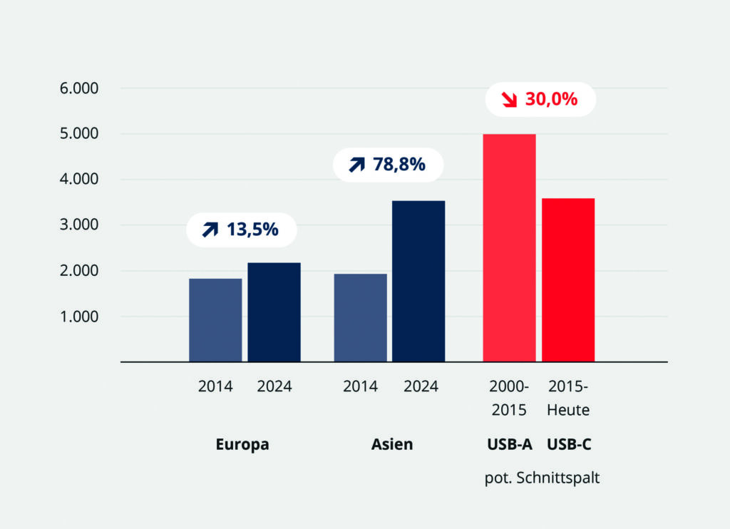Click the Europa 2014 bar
[x=215, y=319]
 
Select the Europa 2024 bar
[x=274, y=312]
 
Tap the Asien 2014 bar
[x=360, y=317]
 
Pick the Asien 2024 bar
[x=418, y=281]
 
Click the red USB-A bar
[x=509, y=247]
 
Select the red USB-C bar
[x=568, y=279]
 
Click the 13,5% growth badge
[x=241, y=230]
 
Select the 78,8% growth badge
[x=388, y=165]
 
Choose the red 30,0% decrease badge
[x=540, y=99]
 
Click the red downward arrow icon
[x=509, y=100]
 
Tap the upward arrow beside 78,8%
[x=356, y=165]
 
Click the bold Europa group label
[x=242, y=444]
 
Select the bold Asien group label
[x=391, y=444]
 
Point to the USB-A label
[x=509, y=444]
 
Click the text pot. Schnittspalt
[x=542, y=478]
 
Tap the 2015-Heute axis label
[x=568, y=399]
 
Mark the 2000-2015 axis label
[x=509, y=399]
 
